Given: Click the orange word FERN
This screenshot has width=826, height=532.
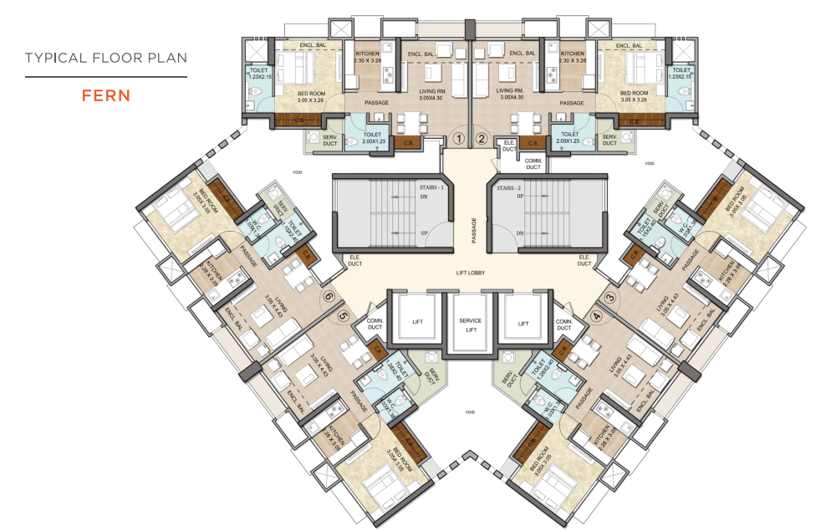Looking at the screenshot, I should (105, 95).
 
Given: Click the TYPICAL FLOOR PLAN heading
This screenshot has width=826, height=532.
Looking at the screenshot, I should (105, 58).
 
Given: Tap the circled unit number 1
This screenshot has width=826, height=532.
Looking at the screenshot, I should (457, 139).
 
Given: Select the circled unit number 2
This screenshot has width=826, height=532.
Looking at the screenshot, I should (481, 139).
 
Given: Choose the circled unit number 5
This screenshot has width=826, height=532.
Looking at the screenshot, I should (343, 316).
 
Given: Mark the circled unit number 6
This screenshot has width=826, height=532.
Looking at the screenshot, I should (329, 296).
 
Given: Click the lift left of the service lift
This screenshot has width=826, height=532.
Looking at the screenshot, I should (417, 322).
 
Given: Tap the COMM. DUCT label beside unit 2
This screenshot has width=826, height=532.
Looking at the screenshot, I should (533, 165).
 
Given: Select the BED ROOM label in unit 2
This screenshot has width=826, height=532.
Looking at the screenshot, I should (634, 96).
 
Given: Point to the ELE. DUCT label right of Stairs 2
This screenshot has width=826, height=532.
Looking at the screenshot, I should (584, 258).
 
